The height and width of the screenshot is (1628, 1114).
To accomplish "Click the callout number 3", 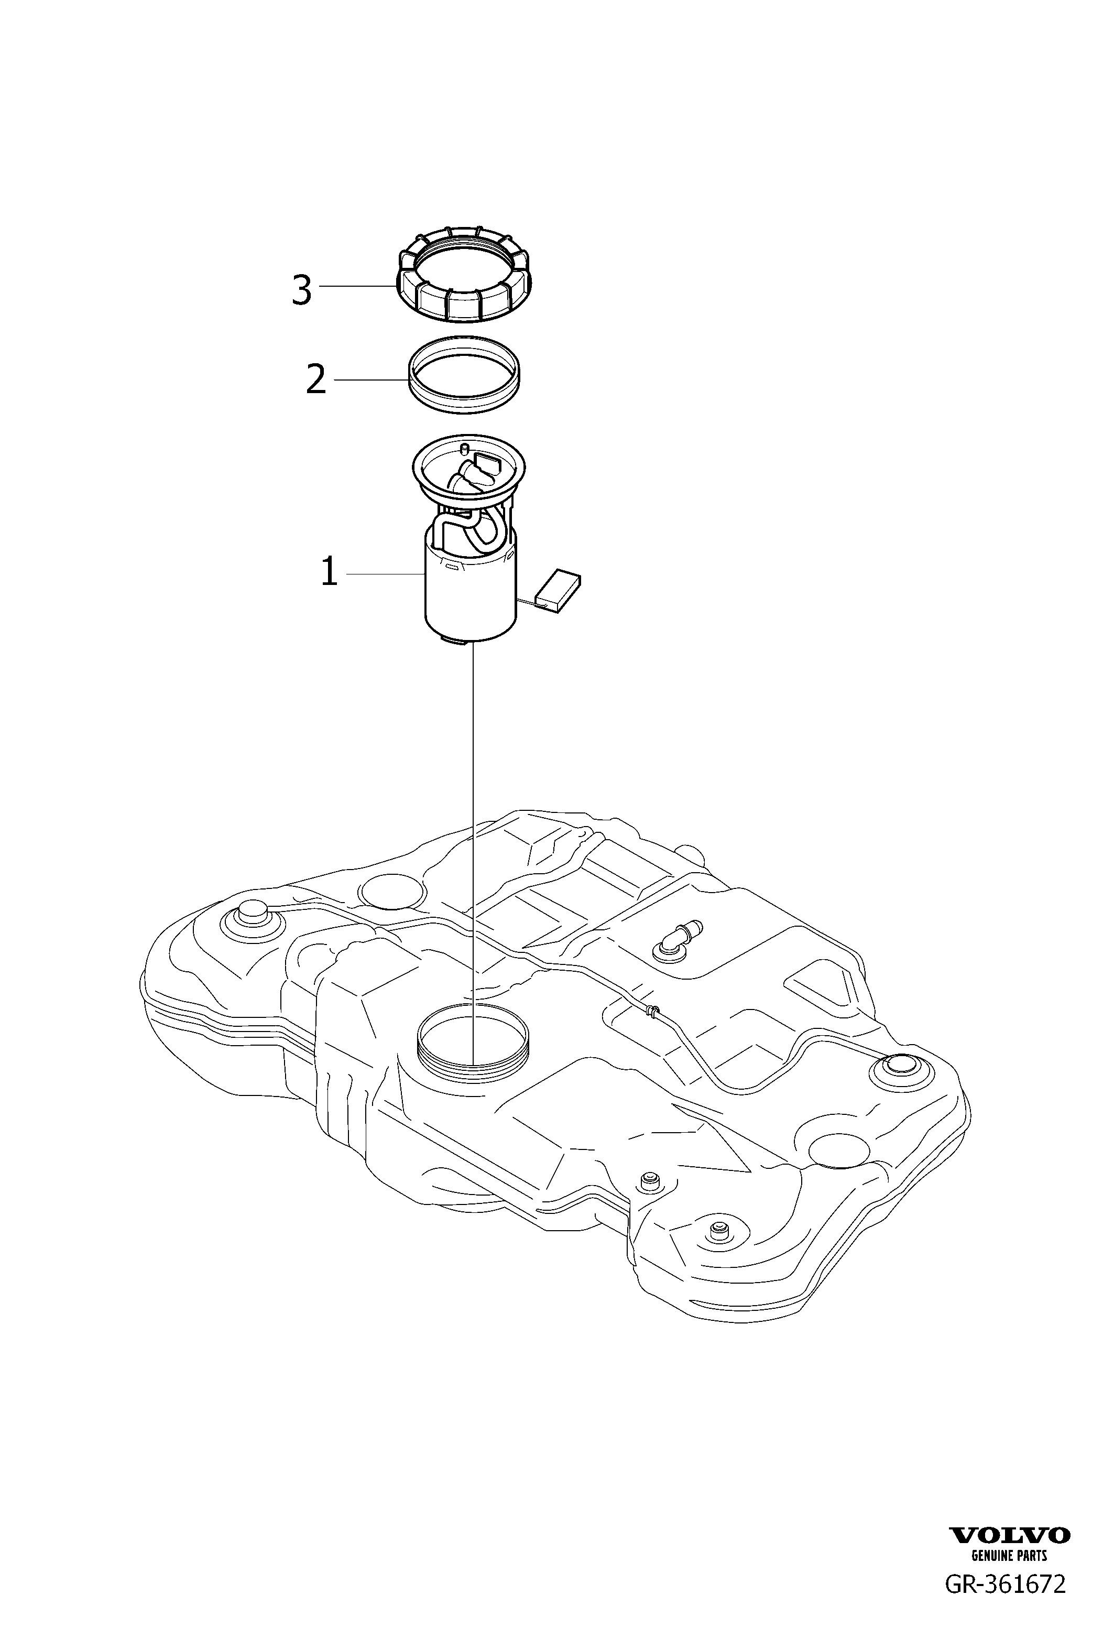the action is [x=301, y=290].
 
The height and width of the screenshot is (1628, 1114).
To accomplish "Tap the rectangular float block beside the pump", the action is [x=558, y=589].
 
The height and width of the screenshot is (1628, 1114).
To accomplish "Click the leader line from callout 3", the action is [x=357, y=286].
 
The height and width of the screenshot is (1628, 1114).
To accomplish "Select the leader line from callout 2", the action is [x=370, y=379].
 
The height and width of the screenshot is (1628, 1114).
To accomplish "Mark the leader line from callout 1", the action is [x=385, y=574].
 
